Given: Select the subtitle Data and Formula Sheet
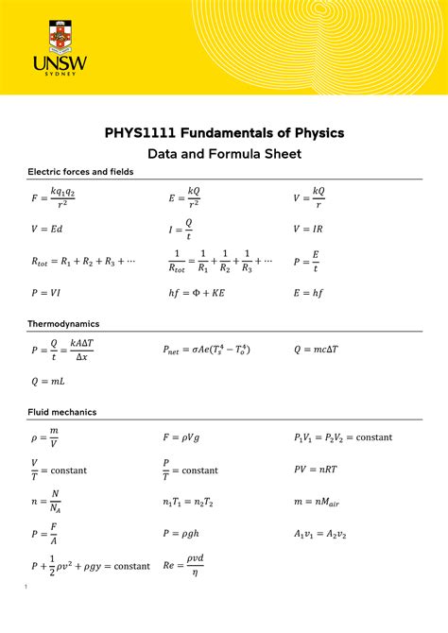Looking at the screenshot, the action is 224,153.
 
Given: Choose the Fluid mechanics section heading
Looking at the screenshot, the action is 63,412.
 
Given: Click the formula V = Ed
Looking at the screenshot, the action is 46,229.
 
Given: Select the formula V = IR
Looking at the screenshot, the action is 309,229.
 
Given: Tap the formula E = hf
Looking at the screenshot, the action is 310,293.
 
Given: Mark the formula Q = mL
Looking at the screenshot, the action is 47,382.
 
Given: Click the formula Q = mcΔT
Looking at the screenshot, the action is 322,350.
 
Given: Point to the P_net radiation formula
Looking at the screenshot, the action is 218,350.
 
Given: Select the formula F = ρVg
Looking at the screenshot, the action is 189,437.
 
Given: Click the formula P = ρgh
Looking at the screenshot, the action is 189,534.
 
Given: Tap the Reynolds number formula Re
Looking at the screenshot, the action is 185,565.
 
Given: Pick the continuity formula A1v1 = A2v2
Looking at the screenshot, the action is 320,534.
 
